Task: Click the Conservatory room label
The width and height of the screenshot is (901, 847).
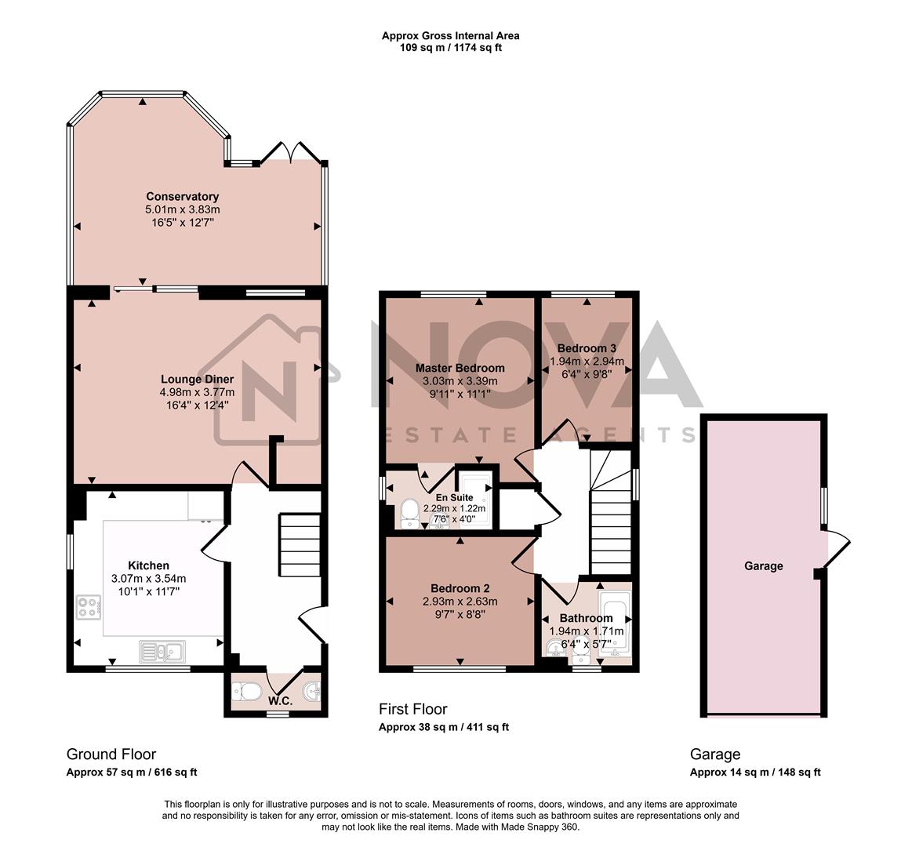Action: tap(182, 196)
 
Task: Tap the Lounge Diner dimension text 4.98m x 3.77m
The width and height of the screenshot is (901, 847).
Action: tap(197, 392)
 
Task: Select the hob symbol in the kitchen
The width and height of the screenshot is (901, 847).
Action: tap(89, 607)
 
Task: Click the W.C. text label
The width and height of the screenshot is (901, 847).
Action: tap(280, 700)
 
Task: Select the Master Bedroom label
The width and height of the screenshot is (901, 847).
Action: tap(460, 367)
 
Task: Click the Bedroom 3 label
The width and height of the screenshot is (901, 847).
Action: tap(587, 348)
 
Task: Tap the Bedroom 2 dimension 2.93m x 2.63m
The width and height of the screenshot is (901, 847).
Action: tap(460, 602)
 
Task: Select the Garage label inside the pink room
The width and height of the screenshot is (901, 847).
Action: tap(763, 565)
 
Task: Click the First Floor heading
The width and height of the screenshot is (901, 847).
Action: tap(412, 709)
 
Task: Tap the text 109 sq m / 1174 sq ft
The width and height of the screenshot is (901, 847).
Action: tap(450, 47)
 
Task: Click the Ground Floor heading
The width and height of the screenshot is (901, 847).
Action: tap(111, 754)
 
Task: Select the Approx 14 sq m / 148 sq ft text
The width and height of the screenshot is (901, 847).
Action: tap(754, 772)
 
